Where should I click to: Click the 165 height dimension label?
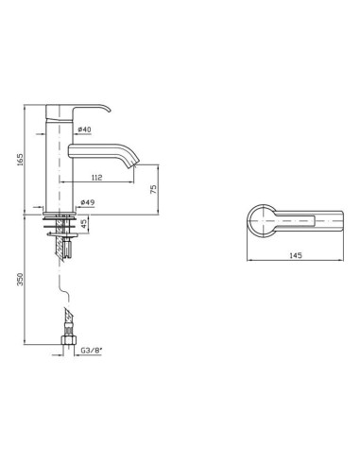[20, 160]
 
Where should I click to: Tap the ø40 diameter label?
[84, 129]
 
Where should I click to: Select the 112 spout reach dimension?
[97, 178]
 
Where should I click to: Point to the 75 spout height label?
[153, 189]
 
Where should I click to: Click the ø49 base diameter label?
[88, 202]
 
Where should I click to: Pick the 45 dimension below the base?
[84, 224]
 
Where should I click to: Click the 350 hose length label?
[20, 279]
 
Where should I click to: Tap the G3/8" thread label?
[91, 350]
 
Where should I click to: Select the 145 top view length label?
[296, 255]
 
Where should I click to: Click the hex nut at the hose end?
[68, 340]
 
